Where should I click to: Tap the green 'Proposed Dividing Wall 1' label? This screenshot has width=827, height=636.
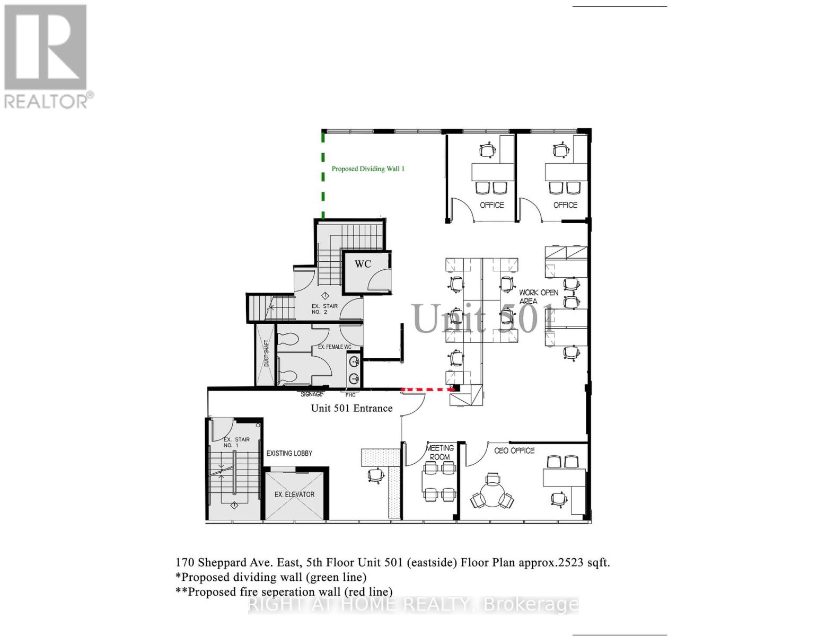[368, 169]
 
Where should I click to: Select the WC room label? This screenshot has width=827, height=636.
[363, 264]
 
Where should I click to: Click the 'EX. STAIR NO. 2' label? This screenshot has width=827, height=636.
[324, 309]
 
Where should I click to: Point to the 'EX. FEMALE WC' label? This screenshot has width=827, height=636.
[335, 347]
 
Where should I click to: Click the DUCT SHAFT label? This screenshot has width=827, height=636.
[266, 353]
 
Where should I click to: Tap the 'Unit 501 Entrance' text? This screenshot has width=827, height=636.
[351, 408]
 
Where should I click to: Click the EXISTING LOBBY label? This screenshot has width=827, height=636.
[289, 453]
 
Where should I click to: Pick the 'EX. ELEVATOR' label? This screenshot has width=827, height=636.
[294, 494]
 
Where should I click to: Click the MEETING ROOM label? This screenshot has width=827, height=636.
[440, 452]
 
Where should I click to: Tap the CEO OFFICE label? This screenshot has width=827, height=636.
[514, 450]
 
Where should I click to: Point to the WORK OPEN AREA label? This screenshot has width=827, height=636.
[538, 296]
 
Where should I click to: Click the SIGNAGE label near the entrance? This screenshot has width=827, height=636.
[312, 394]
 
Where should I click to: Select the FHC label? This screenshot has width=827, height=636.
[350, 395]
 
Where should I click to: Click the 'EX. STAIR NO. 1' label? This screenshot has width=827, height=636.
[236, 443]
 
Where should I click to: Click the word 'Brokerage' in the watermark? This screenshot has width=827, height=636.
[531, 604]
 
